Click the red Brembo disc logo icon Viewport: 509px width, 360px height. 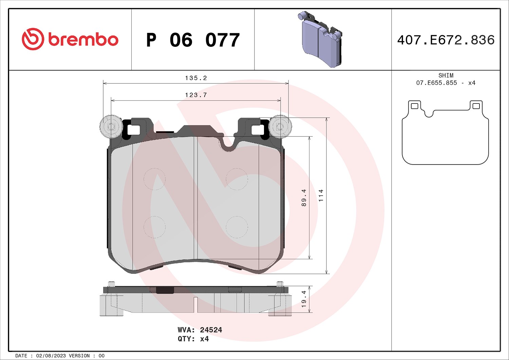33,39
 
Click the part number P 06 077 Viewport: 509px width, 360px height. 193,40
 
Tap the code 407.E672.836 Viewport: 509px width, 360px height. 446,40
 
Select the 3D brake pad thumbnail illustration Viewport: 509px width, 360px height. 320,39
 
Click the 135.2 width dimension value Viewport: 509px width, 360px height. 196,78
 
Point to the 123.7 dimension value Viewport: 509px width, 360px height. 196,95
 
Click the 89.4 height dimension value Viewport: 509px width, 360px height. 304,197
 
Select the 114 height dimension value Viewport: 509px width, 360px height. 321,195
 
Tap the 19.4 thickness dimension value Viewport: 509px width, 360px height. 304,299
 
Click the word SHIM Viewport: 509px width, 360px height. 446,75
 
